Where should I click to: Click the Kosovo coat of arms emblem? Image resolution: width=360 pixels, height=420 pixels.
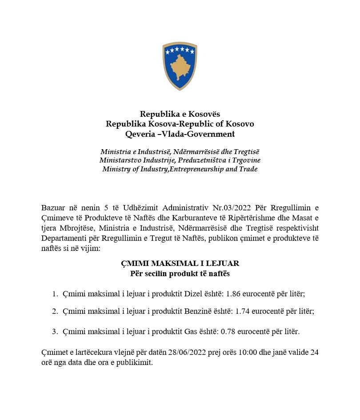[x=180, y=66]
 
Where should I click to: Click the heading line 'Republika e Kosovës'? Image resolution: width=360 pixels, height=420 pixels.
[x=180, y=114]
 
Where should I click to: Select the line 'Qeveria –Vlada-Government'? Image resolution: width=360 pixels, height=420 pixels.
[x=180, y=134]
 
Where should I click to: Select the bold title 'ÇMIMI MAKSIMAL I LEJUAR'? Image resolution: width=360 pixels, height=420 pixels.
[x=180, y=264]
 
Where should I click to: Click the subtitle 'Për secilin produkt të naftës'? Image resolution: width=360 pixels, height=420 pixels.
[x=180, y=273]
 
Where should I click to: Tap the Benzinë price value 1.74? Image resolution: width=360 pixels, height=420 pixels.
[x=242, y=311]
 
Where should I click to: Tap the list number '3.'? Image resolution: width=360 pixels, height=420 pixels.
[x=55, y=331]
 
